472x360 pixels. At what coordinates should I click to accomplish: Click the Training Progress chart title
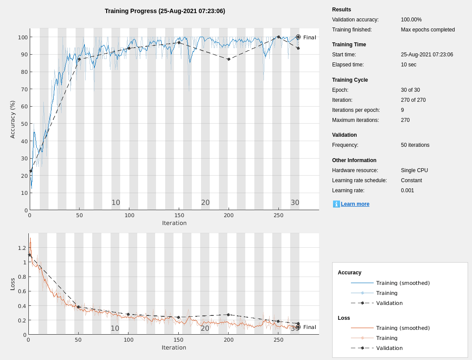click(x=165, y=11)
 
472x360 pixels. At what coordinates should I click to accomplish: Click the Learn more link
click(x=355, y=204)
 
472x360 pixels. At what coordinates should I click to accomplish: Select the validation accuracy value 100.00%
click(x=411, y=20)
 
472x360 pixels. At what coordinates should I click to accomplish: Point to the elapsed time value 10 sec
click(x=408, y=65)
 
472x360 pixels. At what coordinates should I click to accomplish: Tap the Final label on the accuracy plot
click(x=309, y=38)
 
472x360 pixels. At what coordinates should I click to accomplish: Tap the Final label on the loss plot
click(x=309, y=327)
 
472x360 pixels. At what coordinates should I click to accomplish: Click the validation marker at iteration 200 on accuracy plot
click(x=229, y=59)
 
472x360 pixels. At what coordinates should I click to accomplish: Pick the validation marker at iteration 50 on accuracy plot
click(x=79, y=59)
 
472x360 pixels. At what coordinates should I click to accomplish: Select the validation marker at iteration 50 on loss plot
click(x=78, y=307)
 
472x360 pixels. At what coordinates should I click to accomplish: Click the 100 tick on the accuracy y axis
click(x=23, y=37)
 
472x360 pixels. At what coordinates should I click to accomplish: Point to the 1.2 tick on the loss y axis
click(x=22, y=248)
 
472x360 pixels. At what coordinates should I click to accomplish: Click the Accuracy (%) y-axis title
click(x=13, y=119)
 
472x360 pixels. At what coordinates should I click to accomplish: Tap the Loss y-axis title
click(x=13, y=284)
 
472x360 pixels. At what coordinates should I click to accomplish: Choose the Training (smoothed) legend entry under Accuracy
click(x=403, y=283)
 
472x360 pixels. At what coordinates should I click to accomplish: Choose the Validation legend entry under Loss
click(x=389, y=348)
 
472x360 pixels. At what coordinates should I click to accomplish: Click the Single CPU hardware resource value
click(x=414, y=170)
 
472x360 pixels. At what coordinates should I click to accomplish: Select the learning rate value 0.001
click(x=407, y=190)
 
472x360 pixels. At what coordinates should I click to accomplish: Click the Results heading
click(x=341, y=10)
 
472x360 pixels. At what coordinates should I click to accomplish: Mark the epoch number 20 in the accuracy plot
click(x=205, y=203)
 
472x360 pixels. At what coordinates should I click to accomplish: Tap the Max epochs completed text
click(x=427, y=30)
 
